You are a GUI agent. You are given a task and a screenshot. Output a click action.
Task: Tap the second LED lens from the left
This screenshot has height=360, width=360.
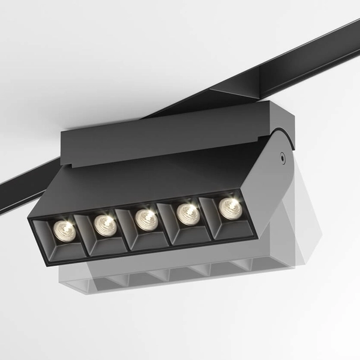click(106, 224)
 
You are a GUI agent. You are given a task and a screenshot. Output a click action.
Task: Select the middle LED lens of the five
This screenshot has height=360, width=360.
click(146, 219)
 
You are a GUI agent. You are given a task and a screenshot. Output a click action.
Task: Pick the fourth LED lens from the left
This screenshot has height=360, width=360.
click(188, 213)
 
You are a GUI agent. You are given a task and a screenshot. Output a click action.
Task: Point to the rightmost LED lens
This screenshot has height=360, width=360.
click(229, 208)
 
